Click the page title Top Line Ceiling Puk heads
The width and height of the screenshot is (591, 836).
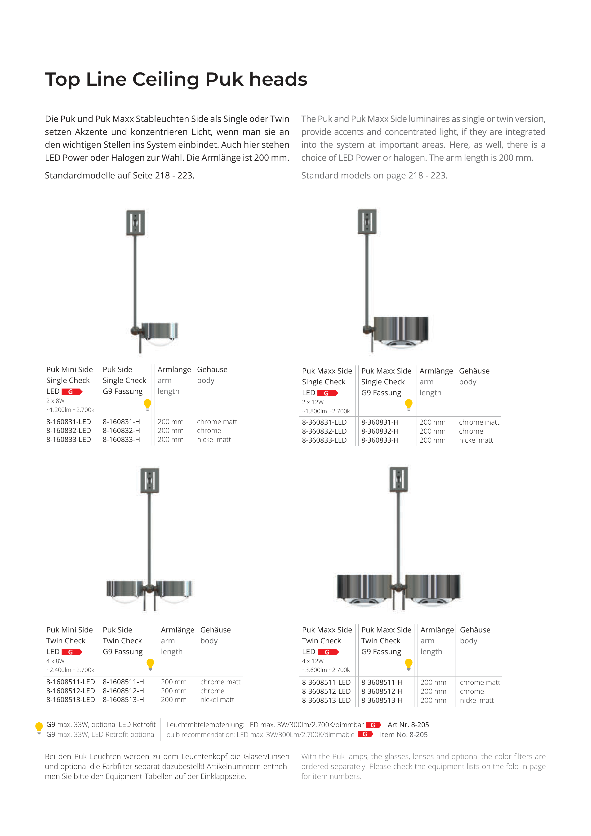(176, 79)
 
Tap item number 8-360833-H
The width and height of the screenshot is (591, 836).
(380, 440)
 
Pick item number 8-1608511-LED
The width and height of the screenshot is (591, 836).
(71, 682)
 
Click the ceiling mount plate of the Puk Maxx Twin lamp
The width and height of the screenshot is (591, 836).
(398, 479)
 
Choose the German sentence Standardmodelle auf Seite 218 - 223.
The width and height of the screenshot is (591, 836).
(120, 175)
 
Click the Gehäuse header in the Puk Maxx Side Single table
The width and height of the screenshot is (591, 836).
(474, 371)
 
